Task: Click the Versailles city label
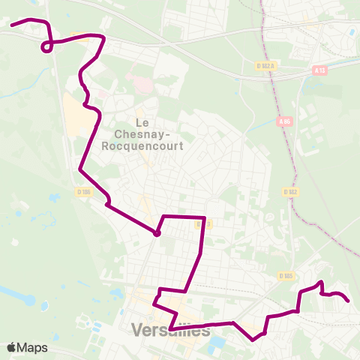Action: [170, 330]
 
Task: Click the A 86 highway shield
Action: [283, 121]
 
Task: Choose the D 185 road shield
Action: [285, 276]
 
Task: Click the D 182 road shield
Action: [292, 192]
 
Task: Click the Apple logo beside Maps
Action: [11, 347]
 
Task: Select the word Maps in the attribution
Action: [34, 347]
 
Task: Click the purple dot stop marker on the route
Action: [157, 233]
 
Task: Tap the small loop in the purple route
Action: [46, 48]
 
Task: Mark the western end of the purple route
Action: [11, 25]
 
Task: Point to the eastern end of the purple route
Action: [349, 301]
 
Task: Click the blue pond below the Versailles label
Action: [217, 344]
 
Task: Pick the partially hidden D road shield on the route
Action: [201, 223]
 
